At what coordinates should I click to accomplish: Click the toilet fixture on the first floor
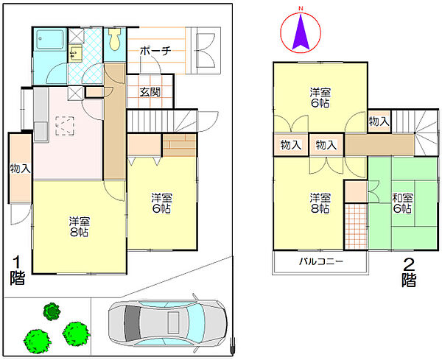114,39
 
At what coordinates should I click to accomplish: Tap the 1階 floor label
17,270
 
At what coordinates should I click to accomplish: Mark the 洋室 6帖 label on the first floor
162,203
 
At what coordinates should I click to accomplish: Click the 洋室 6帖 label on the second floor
320,98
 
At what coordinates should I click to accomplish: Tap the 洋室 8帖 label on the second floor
319,204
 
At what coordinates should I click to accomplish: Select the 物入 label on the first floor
20,169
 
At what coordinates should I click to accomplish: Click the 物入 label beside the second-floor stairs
379,121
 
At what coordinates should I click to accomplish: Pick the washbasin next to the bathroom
74,52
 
